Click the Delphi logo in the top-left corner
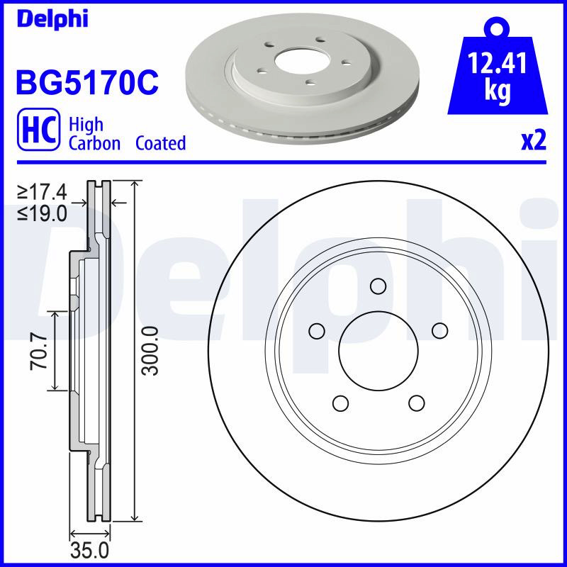[52, 19]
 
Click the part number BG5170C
[87, 82]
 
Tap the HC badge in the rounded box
[38, 129]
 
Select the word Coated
[161, 143]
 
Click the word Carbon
[94, 143]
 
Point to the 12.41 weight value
[498, 63]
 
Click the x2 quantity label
[534, 140]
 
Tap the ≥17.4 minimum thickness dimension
[43, 192]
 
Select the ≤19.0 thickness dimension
[43, 214]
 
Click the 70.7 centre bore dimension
[39, 352]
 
